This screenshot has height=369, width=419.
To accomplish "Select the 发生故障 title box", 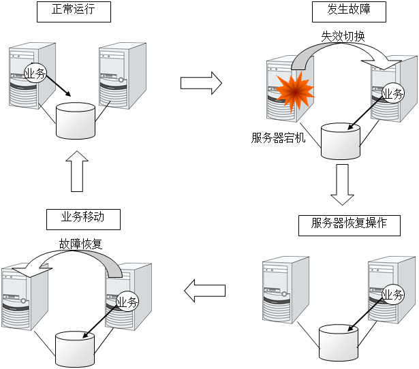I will (346, 12).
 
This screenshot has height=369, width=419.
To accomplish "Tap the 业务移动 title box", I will (82, 219).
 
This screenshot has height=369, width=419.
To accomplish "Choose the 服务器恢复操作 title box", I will (349, 225).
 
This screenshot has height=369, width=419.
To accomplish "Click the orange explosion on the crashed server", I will (294, 95).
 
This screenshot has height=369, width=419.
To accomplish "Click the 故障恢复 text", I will (80, 243).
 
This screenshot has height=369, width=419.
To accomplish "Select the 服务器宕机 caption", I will (279, 138).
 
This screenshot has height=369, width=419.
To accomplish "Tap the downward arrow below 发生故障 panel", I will (342, 184).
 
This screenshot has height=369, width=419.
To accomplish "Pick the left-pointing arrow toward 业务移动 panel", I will (205, 291).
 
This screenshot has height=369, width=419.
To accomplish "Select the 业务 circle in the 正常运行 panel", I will (35, 74).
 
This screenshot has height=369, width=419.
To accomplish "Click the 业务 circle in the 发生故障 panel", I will (392, 94).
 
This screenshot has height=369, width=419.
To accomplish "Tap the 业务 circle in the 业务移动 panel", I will (127, 302).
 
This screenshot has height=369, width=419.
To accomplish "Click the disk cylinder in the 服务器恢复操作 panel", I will (339, 341).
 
